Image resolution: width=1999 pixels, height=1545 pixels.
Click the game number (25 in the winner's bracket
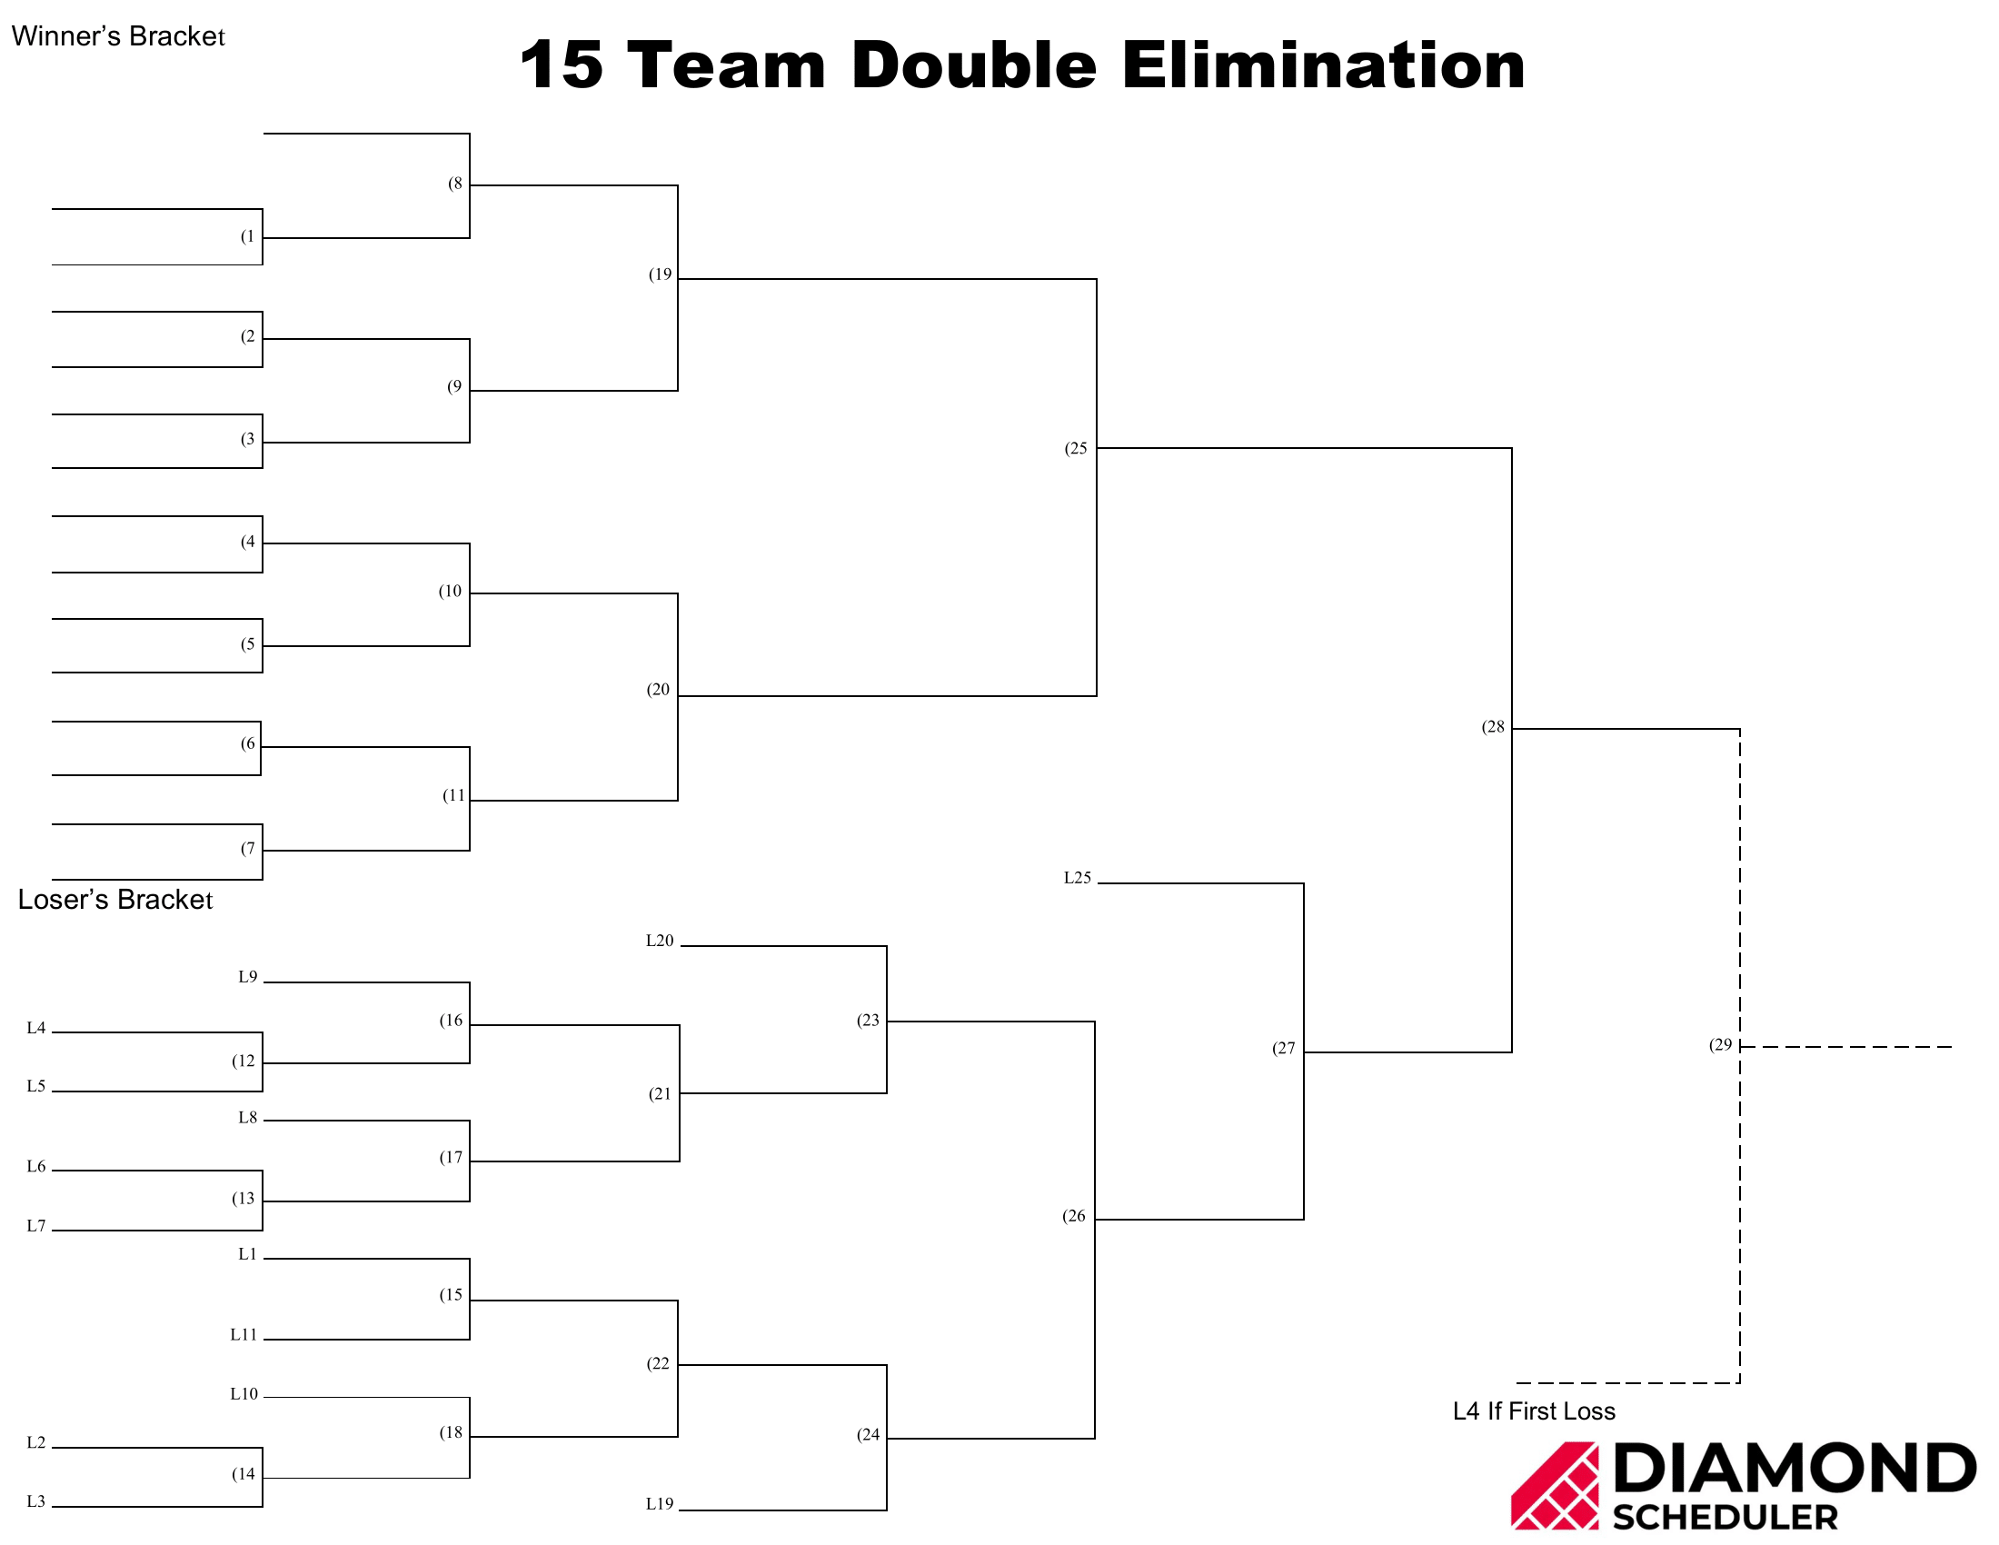click(1076, 448)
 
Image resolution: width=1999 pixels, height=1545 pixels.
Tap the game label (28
click(1493, 727)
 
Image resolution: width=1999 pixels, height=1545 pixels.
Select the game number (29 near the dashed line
click(1721, 1044)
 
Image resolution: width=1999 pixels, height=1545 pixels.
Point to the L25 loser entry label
click(1078, 878)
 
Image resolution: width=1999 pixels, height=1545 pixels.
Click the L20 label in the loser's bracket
click(660, 941)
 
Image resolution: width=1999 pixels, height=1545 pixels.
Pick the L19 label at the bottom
click(660, 1504)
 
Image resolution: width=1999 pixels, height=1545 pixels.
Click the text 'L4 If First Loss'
click(1534, 1411)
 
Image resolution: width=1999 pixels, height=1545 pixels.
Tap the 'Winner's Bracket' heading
click(118, 35)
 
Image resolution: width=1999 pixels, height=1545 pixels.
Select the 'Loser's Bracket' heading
click(115, 900)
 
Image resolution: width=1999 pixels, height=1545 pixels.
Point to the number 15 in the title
click(561, 66)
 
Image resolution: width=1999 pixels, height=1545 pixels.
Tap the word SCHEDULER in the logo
click(1726, 1518)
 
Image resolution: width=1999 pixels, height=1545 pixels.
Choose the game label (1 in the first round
click(247, 236)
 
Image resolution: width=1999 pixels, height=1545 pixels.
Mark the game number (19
click(660, 274)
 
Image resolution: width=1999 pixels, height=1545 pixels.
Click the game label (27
click(1283, 1048)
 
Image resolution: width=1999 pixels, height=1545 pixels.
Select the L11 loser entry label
click(244, 1334)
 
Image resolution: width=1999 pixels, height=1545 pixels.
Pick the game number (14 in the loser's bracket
click(243, 1473)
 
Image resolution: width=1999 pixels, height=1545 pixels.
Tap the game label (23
click(868, 1020)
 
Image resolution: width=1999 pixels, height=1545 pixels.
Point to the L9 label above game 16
click(248, 977)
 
